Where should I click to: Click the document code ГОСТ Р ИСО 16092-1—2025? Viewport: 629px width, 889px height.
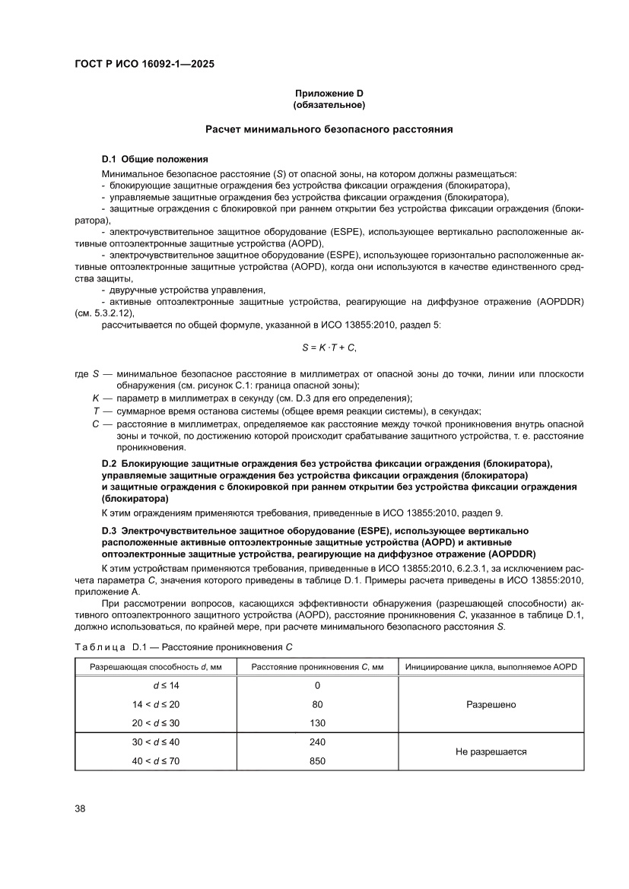tap(145, 65)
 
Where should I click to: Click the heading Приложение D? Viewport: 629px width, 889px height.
tap(329, 93)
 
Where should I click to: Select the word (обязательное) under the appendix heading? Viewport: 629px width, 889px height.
tap(329, 104)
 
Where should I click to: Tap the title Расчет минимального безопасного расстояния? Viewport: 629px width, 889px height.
tap(329, 129)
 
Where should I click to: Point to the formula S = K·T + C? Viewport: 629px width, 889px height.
tap(329, 348)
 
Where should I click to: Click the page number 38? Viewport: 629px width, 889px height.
tap(80, 808)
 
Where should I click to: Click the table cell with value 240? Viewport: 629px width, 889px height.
tap(317, 741)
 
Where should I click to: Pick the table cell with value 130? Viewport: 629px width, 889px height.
tap(317, 722)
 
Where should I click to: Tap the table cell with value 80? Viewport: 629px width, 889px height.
tap(317, 704)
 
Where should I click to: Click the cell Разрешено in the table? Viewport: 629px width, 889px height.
tap(491, 704)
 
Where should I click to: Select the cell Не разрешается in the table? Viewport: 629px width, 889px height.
tap(491, 751)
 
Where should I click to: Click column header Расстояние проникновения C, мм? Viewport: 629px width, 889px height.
tap(317, 667)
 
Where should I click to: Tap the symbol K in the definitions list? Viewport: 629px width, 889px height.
tap(97, 398)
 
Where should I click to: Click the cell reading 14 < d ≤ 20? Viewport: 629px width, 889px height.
tap(156, 704)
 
